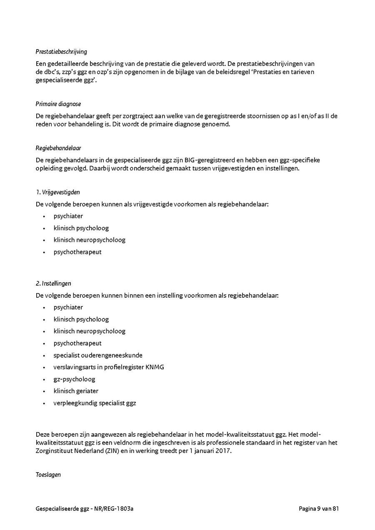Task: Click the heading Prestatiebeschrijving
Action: [x=61, y=52]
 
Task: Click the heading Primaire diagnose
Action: [x=58, y=104]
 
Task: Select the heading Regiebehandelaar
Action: [x=58, y=148]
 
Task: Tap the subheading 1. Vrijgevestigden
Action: [x=57, y=192]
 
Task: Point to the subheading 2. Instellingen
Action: [x=53, y=284]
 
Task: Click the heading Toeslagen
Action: [x=48, y=475]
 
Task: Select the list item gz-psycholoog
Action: [x=74, y=379]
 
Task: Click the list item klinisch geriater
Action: [x=76, y=391]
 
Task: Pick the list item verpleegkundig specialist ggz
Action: [x=95, y=403]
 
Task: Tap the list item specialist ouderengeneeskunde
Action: [x=98, y=355]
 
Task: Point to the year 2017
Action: [x=222, y=450]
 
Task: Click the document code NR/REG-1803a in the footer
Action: [x=116, y=509]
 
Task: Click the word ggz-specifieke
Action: [x=300, y=160]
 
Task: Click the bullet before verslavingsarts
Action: [x=44, y=368]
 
